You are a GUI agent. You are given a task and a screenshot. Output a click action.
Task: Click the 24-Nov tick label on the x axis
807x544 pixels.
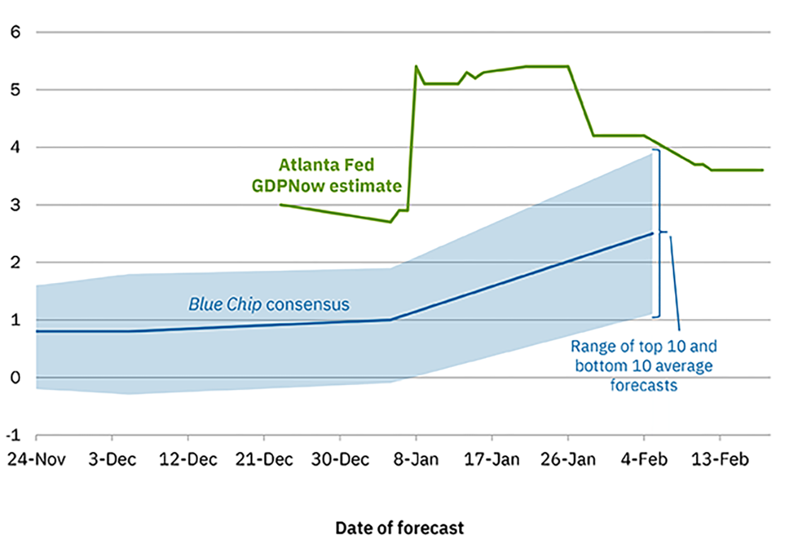click(35, 460)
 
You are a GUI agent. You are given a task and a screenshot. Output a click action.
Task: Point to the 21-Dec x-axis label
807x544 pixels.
click(264, 460)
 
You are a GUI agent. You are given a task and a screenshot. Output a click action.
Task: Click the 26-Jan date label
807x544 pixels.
click(568, 460)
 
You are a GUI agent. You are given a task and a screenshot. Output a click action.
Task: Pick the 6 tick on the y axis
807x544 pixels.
click(16, 32)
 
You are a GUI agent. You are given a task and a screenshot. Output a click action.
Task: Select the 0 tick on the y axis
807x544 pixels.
click(16, 378)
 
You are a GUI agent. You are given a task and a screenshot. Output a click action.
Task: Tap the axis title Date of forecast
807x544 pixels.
click(399, 528)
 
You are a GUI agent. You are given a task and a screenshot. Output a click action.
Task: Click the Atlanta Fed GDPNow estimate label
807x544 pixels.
click(327, 175)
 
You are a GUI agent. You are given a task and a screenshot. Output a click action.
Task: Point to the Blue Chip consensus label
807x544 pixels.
click(269, 305)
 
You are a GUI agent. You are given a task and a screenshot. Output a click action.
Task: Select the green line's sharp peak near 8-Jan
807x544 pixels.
click(416, 66)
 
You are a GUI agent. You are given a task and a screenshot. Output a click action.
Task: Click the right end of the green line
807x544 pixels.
click(763, 170)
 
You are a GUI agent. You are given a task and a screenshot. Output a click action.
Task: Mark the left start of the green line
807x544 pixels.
click(280, 204)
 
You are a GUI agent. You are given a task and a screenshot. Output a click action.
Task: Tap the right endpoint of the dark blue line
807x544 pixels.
click(653, 233)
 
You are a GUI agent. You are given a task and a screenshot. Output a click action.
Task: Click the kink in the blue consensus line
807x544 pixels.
click(391, 320)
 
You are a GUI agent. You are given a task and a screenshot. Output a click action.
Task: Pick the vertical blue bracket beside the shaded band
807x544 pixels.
click(658, 233)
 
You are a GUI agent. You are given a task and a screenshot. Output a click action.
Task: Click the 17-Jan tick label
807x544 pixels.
click(492, 460)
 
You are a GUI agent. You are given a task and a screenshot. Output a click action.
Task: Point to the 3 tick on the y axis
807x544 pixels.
click(16, 205)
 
